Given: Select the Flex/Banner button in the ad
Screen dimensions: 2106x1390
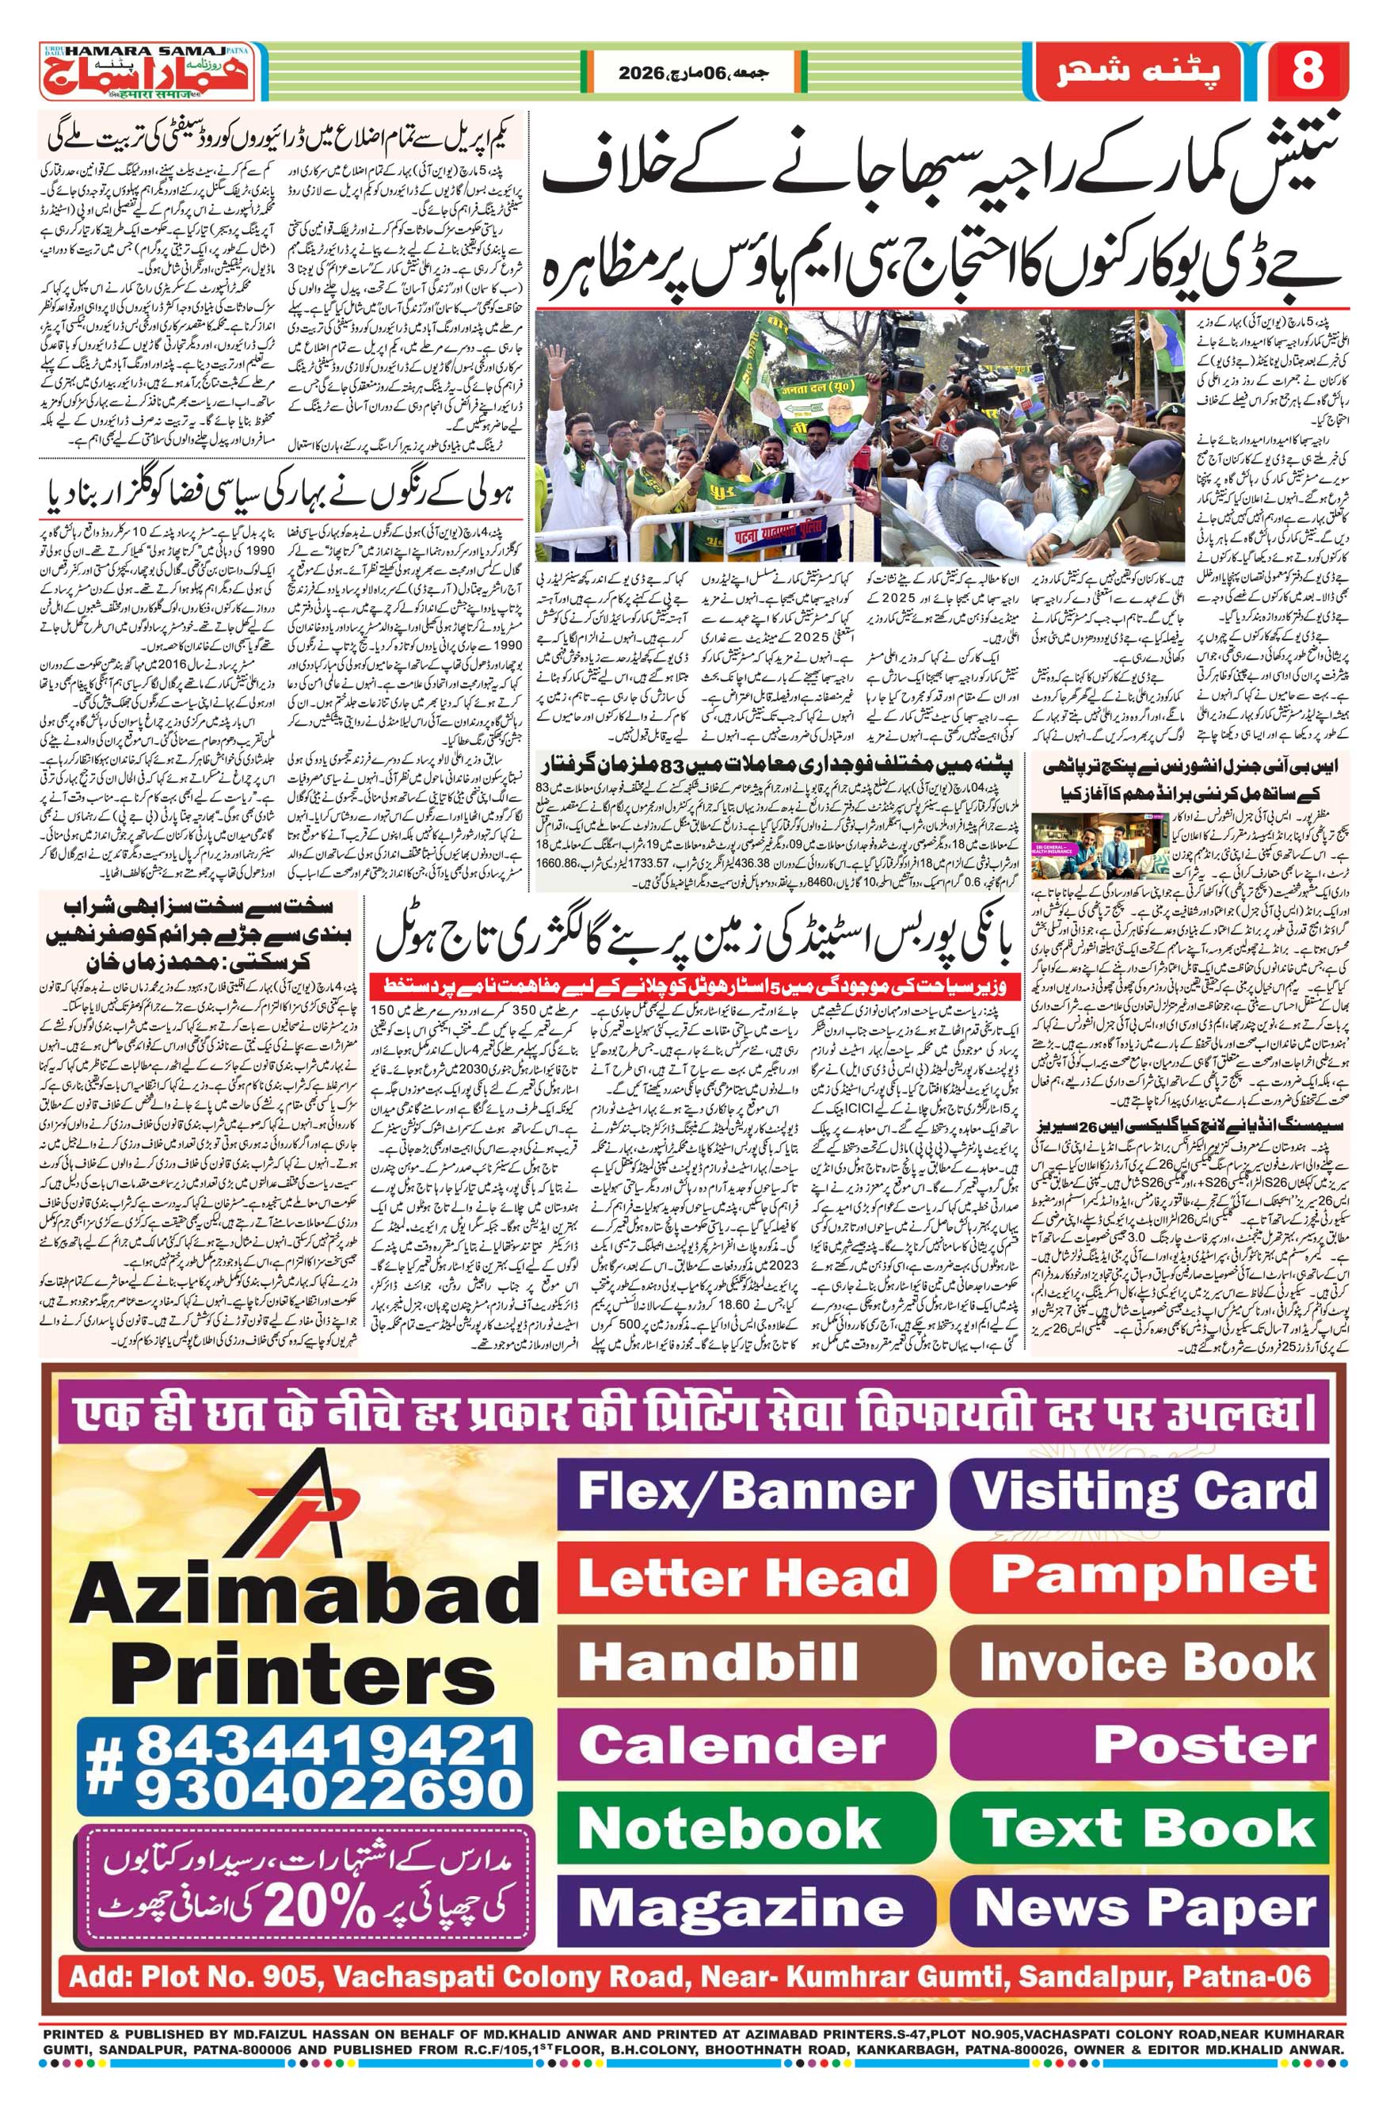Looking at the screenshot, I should pyautogui.click(x=745, y=1490).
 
